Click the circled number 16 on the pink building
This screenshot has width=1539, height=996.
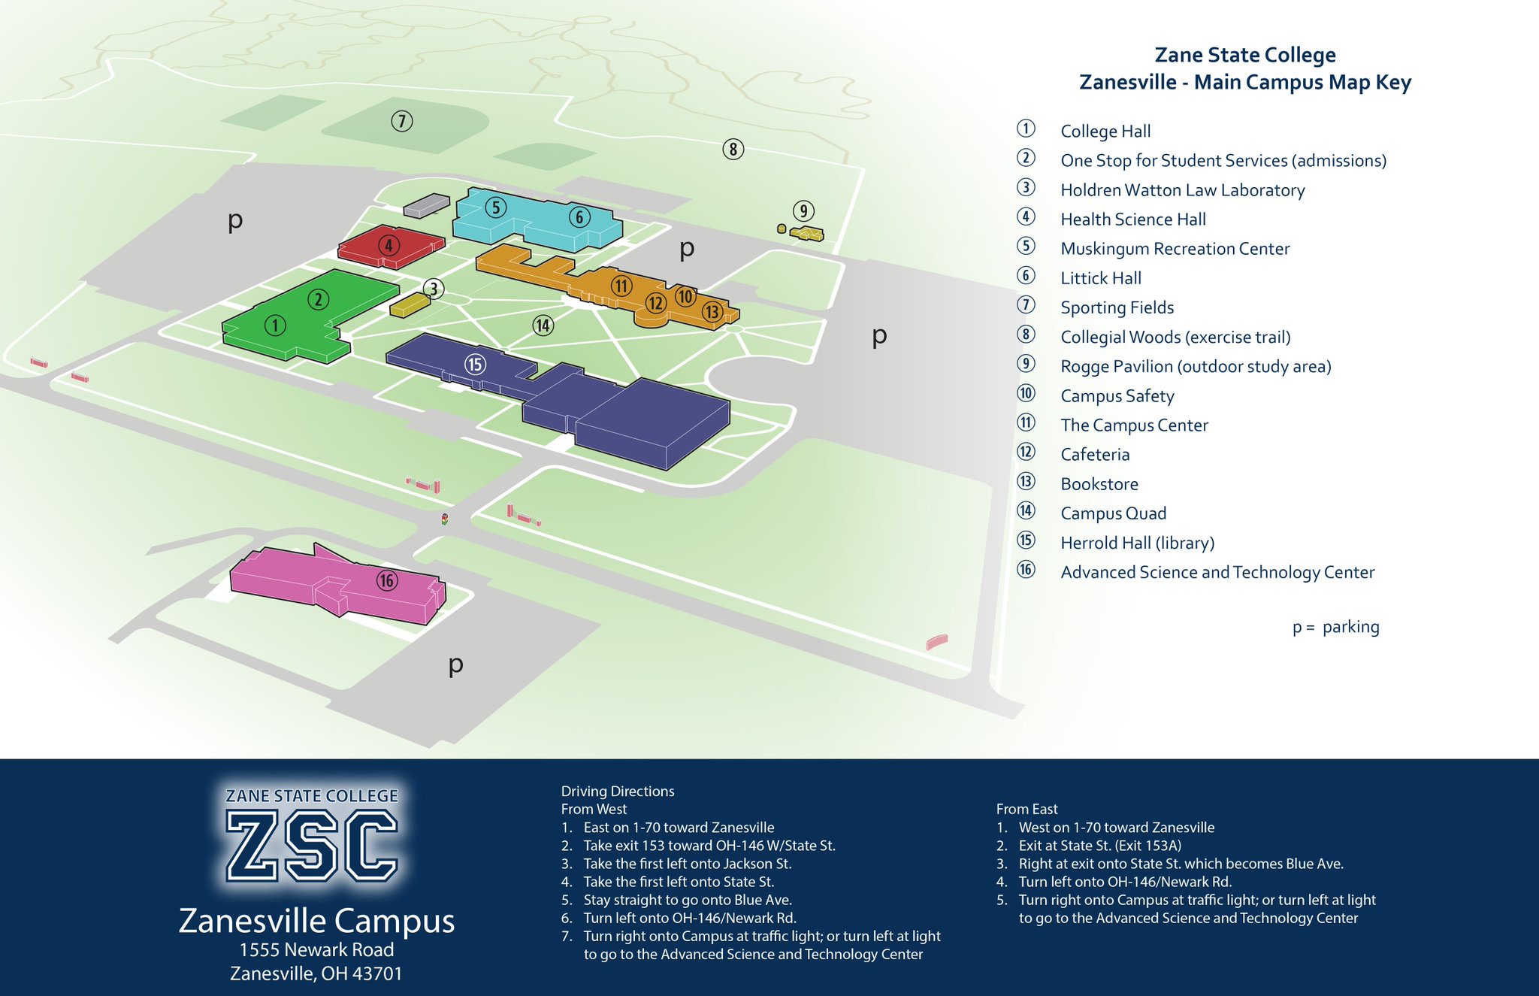coord(387,580)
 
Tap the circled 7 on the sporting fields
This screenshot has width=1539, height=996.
coord(402,121)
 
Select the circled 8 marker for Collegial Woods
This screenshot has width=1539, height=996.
coord(733,150)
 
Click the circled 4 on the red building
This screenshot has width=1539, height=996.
coord(389,245)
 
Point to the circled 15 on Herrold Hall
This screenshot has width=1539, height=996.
coord(475,365)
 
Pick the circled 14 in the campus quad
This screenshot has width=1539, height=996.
coord(543,325)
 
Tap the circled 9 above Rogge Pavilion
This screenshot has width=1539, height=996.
coord(803,210)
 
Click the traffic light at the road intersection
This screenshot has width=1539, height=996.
coord(445,519)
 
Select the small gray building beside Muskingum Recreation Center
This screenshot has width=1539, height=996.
coord(426,204)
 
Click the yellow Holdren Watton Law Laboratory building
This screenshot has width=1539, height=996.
coord(410,304)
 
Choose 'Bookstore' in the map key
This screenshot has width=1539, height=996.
coord(1099,484)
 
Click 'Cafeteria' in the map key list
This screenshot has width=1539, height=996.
coord(1095,455)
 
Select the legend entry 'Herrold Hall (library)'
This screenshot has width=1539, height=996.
coord(1137,543)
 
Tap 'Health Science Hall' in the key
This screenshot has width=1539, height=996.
coord(1132,219)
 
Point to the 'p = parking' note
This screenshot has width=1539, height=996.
coord(1335,627)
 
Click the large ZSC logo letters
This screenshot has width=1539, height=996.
coord(312,846)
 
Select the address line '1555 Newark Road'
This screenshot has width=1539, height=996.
coord(316,950)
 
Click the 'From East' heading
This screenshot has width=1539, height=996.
coord(1027,809)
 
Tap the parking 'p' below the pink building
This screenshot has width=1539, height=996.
coord(455,665)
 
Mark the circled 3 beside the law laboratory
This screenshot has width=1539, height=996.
coord(433,288)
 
